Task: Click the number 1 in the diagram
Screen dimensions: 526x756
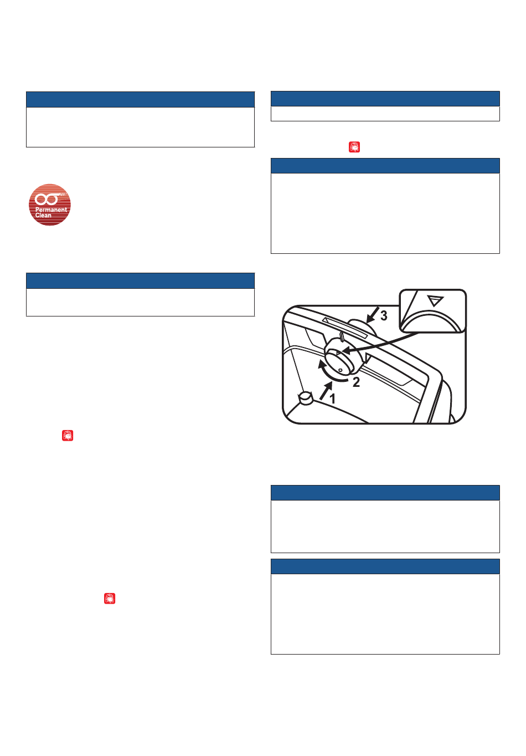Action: (x=332, y=399)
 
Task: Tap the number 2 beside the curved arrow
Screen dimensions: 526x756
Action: (x=356, y=382)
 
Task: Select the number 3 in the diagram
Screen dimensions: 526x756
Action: (x=384, y=315)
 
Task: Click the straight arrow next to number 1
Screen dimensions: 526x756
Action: (x=326, y=391)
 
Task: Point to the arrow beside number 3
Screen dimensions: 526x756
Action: (x=372, y=315)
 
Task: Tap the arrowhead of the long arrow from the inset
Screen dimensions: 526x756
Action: (x=345, y=353)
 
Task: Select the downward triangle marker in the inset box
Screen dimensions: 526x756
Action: (x=435, y=300)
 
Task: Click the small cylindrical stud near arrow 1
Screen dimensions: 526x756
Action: (x=306, y=399)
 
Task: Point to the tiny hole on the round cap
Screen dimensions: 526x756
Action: (x=341, y=370)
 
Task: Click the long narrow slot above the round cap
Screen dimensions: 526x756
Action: (x=344, y=328)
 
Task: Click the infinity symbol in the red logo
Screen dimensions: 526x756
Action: (x=47, y=199)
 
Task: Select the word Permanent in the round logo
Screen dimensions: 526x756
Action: (x=51, y=210)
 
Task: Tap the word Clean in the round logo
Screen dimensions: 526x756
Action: (x=43, y=215)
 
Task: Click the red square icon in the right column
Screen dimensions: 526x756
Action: (x=354, y=147)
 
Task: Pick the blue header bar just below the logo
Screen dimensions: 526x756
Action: (x=140, y=280)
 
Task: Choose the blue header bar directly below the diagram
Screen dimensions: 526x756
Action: (x=385, y=492)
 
